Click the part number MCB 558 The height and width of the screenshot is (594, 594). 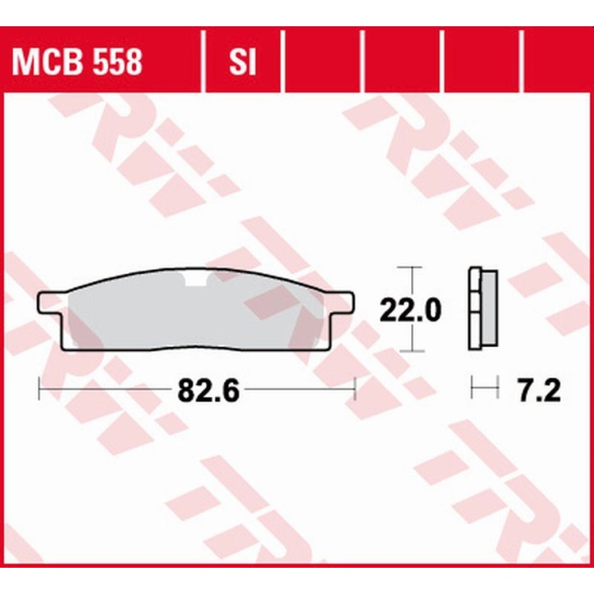click(75, 62)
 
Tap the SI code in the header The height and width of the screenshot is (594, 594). click(240, 62)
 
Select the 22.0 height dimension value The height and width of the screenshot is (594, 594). click(409, 309)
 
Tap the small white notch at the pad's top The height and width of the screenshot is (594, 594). click(197, 282)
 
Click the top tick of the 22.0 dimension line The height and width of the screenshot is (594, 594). click(409, 268)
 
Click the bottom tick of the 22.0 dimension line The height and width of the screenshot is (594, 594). click(409, 350)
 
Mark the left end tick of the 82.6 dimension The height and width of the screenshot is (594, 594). click(39, 389)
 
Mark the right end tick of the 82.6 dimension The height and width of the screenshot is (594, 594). click(354, 389)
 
